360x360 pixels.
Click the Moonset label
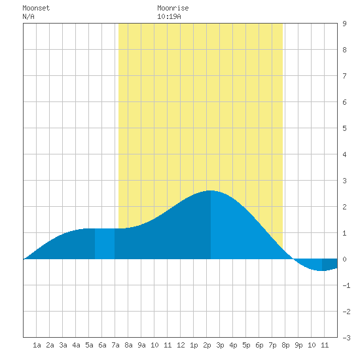(36, 8)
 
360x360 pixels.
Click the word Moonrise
(173, 8)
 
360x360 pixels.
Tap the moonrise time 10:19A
(169, 16)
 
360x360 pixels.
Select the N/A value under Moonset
(28, 16)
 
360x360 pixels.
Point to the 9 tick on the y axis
(344, 24)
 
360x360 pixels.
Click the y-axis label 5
(344, 128)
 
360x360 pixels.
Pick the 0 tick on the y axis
(344, 259)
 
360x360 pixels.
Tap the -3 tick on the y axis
(346, 338)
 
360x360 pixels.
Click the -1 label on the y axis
(346, 285)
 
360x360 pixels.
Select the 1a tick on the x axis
(37, 345)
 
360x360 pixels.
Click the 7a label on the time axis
(115, 345)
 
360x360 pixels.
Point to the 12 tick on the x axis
(181, 345)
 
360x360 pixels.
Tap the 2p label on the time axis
(207, 345)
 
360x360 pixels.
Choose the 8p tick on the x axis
(285, 345)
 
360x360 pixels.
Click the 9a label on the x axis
(141, 345)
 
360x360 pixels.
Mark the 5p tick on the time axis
(246, 345)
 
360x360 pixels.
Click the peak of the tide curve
(210, 190)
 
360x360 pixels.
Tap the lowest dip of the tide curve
(322, 271)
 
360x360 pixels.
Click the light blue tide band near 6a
(105, 243)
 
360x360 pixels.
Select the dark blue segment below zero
(330, 264)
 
